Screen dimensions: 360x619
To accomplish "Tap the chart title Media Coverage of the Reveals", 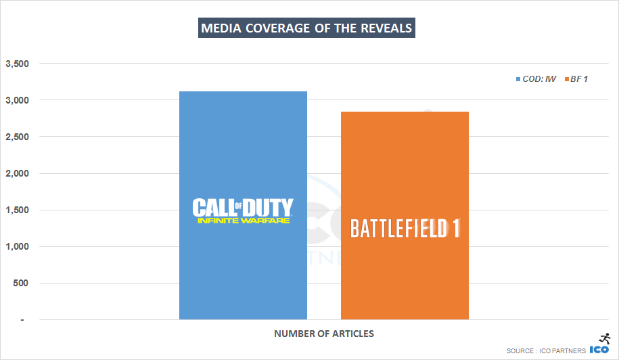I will point(306,28).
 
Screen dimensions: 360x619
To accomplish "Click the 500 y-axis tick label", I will point(21,283).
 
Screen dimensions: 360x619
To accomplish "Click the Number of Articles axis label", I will point(323,334).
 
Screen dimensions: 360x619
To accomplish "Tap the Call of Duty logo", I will point(243,207).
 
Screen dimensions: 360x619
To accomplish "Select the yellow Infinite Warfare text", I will point(243,221).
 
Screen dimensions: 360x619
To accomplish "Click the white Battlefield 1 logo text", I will point(405,229).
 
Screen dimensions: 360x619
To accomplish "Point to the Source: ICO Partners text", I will point(546,351).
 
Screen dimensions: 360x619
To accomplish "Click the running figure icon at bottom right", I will point(605,338).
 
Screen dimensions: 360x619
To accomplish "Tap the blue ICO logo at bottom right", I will point(600,350).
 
